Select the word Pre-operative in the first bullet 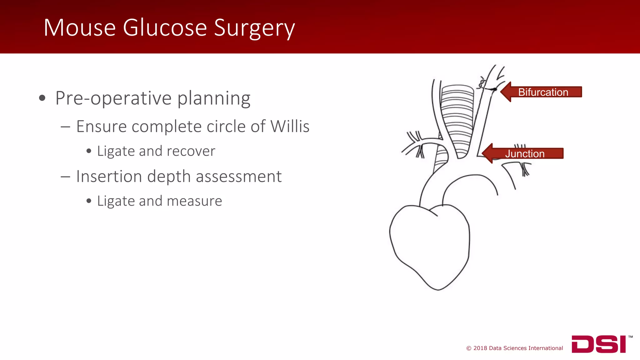pyautogui.click(x=113, y=98)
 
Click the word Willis pyautogui.click(x=290, y=127)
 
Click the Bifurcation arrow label pyautogui.click(x=543, y=92)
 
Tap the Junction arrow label pyautogui.click(x=525, y=154)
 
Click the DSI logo pyautogui.click(x=598, y=344)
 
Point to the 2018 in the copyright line pyautogui.click(x=480, y=348)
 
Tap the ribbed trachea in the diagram pyautogui.click(x=457, y=119)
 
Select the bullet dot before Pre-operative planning pyautogui.click(x=42, y=98)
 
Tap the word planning pyautogui.click(x=214, y=98)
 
